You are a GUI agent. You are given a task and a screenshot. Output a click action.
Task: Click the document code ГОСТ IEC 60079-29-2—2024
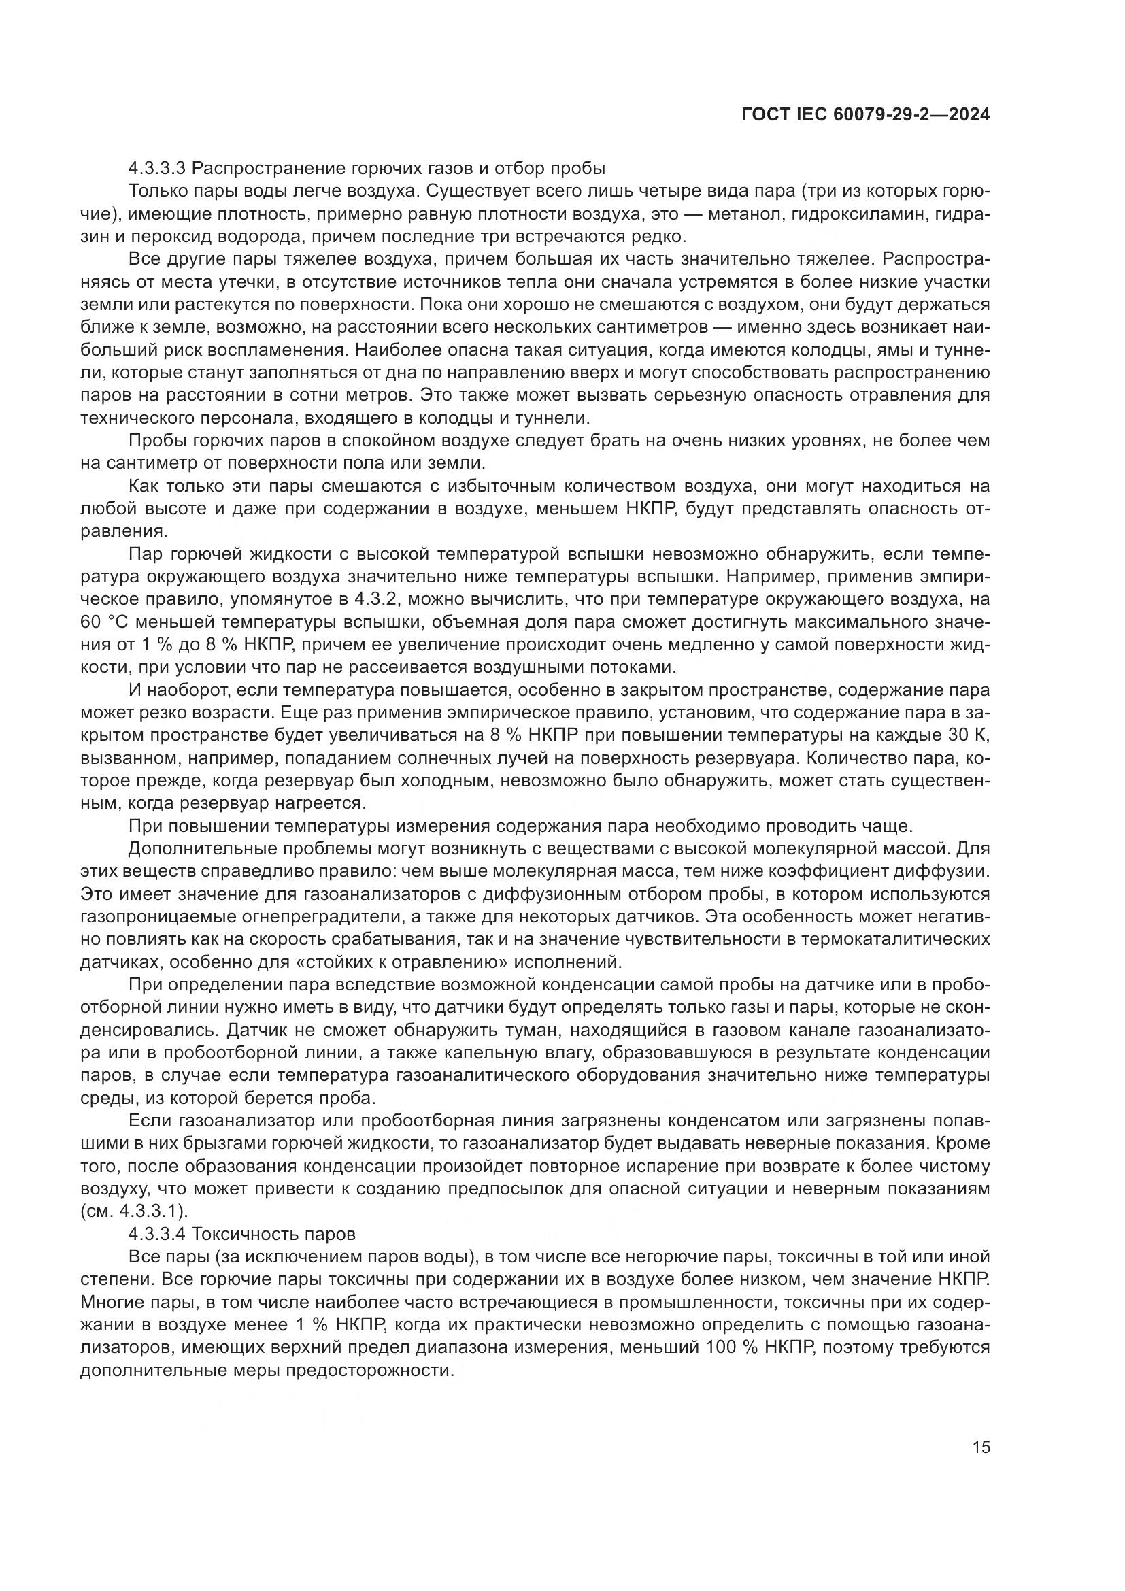pyautogui.click(x=864, y=115)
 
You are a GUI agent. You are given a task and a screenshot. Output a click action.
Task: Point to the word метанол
pyautogui.click(x=744, y=214)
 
